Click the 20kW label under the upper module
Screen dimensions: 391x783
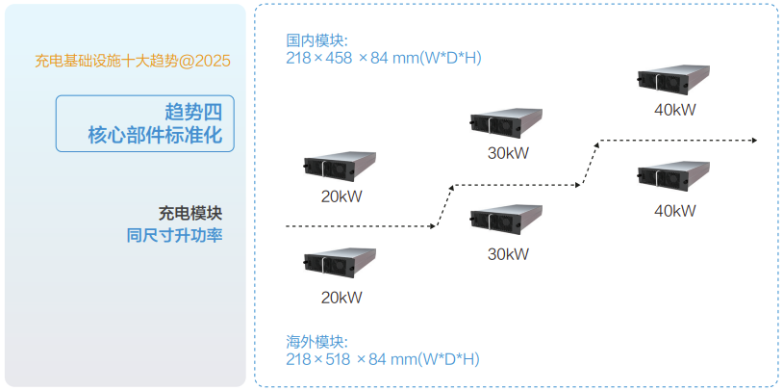[x=341, y=196]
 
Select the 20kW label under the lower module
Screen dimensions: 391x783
[x=341, y=297]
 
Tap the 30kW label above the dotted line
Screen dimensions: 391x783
[x=508, y=153]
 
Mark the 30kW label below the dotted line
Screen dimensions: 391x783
[x=508, y=254]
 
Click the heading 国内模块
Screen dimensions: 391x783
[x=316, y=40]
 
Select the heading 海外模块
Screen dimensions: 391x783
[x=316, y=342]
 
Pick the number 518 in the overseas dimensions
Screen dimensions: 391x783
[x=338, y=359]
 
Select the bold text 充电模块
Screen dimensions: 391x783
[x=190, y=212]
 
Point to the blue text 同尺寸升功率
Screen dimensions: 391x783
[x=175, y=234]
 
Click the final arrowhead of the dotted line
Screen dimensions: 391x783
[x=754, y=141]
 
